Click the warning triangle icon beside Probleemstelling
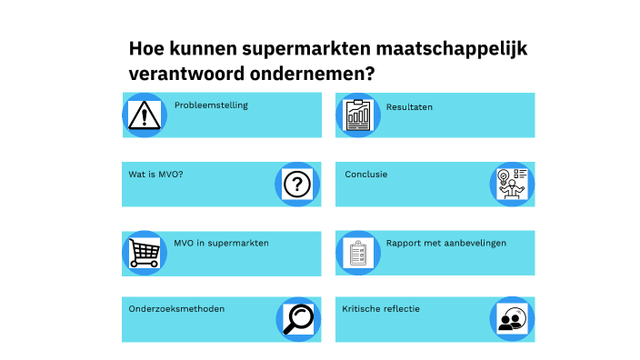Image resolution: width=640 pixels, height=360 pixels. point(143,115)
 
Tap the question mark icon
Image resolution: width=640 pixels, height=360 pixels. point(296,185)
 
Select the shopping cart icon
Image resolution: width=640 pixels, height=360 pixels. point(143,252)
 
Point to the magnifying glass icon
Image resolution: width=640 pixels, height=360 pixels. point(296,318)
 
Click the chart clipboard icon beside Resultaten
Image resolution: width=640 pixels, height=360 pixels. point(358,115)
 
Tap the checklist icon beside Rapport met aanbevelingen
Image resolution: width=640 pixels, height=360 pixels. point(358,253)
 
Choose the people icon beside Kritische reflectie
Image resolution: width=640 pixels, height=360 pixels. point(513,319)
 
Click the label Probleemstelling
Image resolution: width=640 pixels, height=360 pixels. point(211,105)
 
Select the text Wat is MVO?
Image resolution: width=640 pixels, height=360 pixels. point(155,174)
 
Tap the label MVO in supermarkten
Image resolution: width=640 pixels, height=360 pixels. point(221,243)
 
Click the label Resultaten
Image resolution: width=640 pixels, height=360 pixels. point(409,106)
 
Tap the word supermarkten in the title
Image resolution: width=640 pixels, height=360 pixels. point(294,48)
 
